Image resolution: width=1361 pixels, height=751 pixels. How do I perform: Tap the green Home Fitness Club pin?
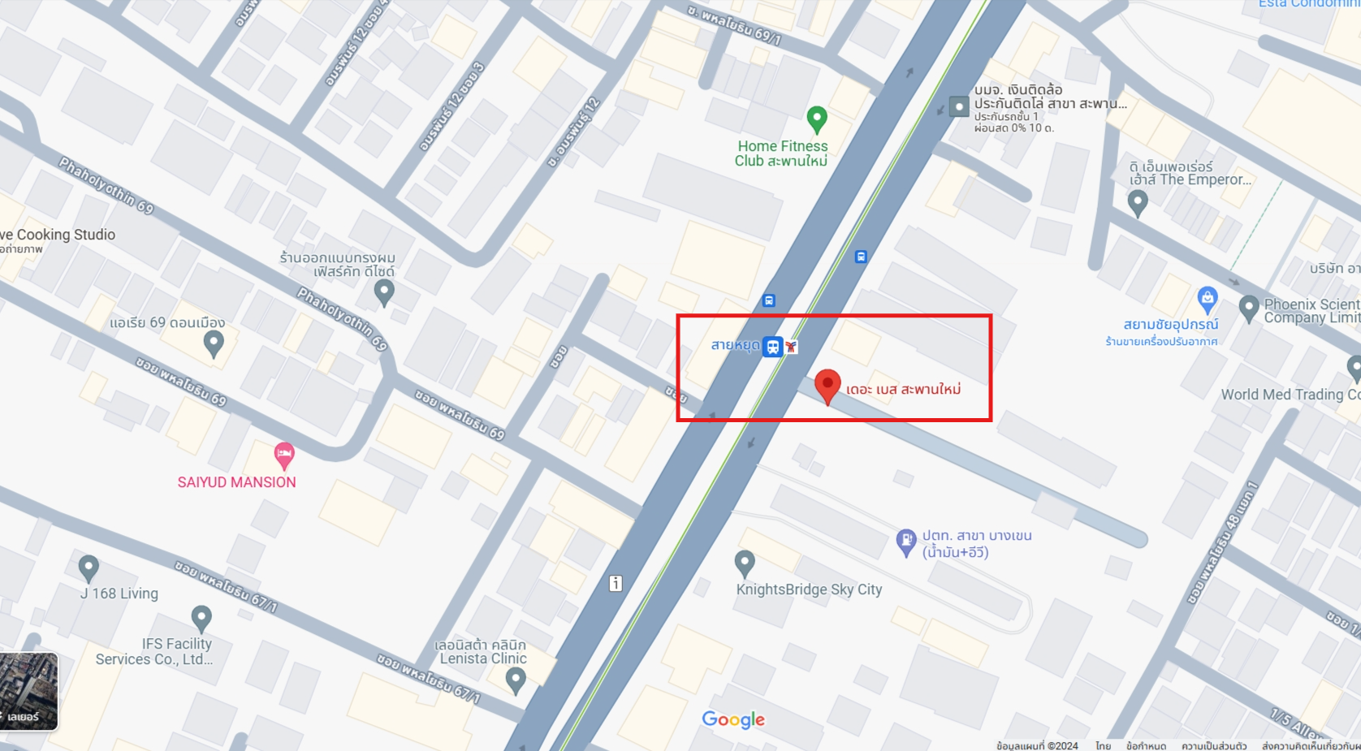817,119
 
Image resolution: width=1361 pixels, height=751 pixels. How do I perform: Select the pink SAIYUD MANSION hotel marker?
283,455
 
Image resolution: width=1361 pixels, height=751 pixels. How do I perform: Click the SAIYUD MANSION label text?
236,482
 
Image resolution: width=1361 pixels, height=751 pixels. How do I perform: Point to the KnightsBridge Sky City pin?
744,562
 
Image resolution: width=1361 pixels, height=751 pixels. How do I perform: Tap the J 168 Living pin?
89,568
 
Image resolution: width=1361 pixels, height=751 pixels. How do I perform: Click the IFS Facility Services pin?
201,619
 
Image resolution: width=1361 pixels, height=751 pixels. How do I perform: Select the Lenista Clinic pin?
515,680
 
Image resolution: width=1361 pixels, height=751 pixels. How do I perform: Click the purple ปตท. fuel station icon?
905,541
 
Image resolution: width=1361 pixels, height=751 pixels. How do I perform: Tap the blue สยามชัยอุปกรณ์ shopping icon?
1207,299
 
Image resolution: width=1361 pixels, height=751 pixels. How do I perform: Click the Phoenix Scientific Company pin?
1249,308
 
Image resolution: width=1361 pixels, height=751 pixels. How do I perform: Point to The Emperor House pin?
1138,202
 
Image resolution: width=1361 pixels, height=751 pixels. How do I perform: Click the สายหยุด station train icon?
773,347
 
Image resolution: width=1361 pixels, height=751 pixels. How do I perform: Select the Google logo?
733,720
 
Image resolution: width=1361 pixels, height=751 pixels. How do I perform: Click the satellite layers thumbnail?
28,691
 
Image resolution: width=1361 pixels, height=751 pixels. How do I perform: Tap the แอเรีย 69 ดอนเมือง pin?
214,343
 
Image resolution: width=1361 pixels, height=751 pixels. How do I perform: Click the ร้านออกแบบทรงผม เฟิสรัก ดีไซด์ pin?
384,291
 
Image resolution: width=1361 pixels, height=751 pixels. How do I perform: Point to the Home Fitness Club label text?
781,153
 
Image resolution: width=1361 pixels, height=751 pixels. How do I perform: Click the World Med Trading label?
1290,395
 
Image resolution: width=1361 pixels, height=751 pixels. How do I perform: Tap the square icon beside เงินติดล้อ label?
959,106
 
